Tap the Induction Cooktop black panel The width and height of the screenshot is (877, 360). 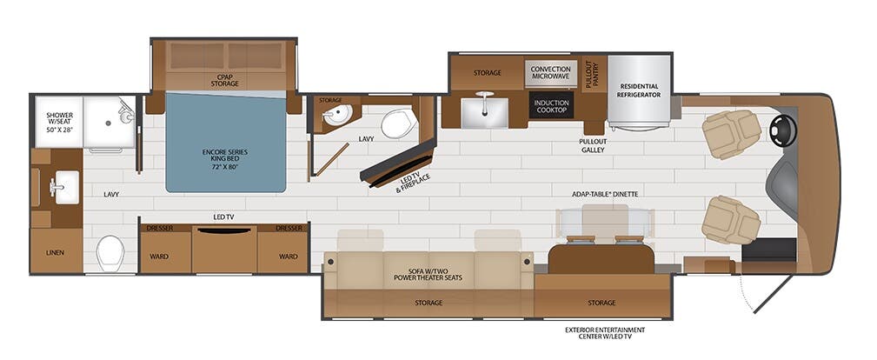tap(551, 105)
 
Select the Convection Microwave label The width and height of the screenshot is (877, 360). tap(551, 72)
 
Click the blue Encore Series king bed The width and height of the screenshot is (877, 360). tap(226, 143)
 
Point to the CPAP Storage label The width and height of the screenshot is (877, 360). tap(224, 80)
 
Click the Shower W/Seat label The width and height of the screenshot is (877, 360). tap(60, 123)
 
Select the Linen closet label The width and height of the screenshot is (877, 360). tap(56, 252)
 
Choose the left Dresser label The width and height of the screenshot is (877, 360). tap(159, 229)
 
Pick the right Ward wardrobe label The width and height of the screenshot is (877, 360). tap(288, 257)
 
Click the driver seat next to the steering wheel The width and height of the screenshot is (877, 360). tap(731, 135)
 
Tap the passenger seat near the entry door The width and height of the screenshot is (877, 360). tap(731, 219)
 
